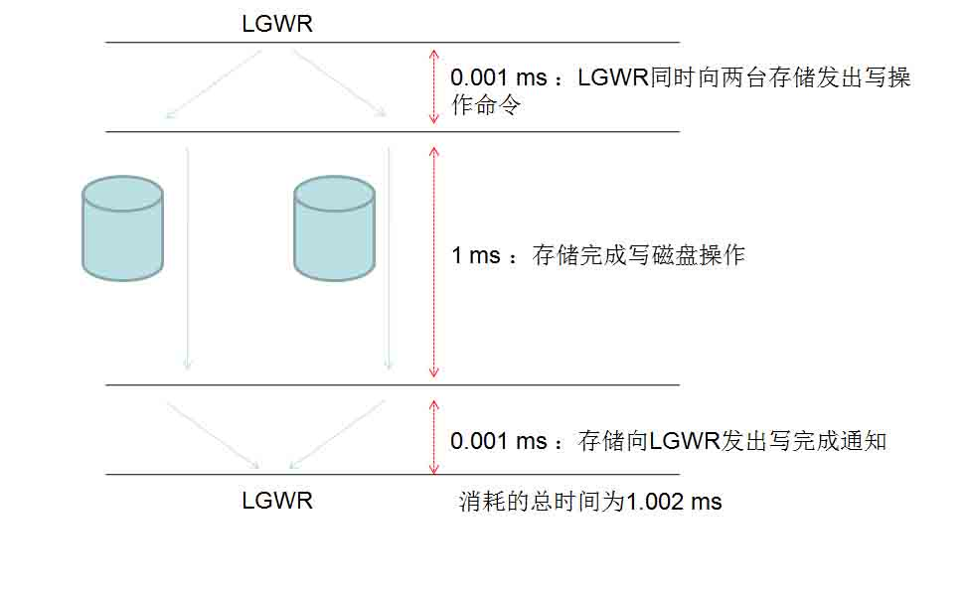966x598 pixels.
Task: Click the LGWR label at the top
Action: coord(277,24)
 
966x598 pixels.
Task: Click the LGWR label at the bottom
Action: coord(277,500)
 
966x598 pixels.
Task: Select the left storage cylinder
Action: coord(122,227)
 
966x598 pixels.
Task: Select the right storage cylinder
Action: coord(334,227)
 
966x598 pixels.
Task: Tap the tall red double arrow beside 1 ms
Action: coord(432,261)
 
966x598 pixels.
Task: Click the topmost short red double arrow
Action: coord(432,86)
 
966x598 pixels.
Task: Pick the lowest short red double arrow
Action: coord(432,437)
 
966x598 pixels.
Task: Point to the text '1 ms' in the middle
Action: coord(476,255)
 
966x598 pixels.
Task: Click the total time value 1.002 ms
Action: coord(673,502)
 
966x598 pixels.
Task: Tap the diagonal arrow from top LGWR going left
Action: coord(214,83)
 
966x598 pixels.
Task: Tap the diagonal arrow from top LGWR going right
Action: coord(338,83)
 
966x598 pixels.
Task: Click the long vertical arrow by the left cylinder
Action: coord(187,258)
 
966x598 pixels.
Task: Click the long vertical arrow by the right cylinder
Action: coord(389,258)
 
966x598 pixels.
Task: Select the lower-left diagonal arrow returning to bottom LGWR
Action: coord(212,434)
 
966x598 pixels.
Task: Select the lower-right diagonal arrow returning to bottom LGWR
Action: coord(336,434)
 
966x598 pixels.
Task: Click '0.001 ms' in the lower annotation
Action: coord(499,441)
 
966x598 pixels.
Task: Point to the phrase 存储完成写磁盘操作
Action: coord(639,255)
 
